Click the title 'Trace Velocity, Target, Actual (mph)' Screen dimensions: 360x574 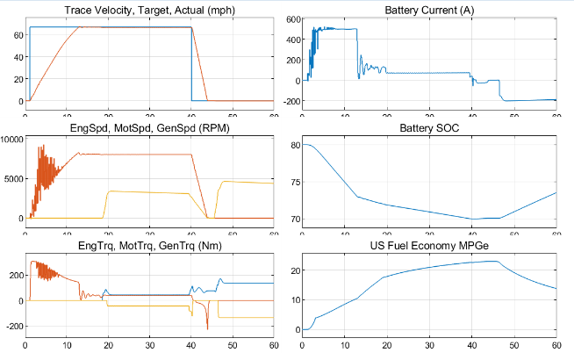pyautogui.click(x=148, y=10)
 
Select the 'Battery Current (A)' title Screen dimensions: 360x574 pyautogui.click(x=428, y=10)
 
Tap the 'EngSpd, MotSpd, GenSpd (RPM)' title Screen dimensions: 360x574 pyautogui.click(x=148, y=128)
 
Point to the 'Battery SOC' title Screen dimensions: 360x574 pyautogui.click(x=428, y=128)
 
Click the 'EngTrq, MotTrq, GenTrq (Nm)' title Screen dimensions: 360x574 pyautogui.click(x=148, y=247)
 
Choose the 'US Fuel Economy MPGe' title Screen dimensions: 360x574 pyautogui.click(x=428, y=247)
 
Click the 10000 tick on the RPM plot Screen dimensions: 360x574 pyautogui.click(x=11, y=139)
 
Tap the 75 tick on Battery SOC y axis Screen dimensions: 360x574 pyautogui.click(x=294, y=182)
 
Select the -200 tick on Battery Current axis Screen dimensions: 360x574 pyautogui.click(x=289, y=101)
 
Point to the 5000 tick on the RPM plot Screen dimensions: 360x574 pyautogui.click(x=13, y=178)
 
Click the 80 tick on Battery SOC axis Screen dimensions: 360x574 pyautogui.click(x=294, y=145)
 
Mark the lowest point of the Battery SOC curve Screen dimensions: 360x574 pyautogui.click(x=472, y=219)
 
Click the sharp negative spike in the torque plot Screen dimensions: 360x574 pyautogui.click(x=207, y=328)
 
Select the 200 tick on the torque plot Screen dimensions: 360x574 pyautogui.click(x=14, y=276)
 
